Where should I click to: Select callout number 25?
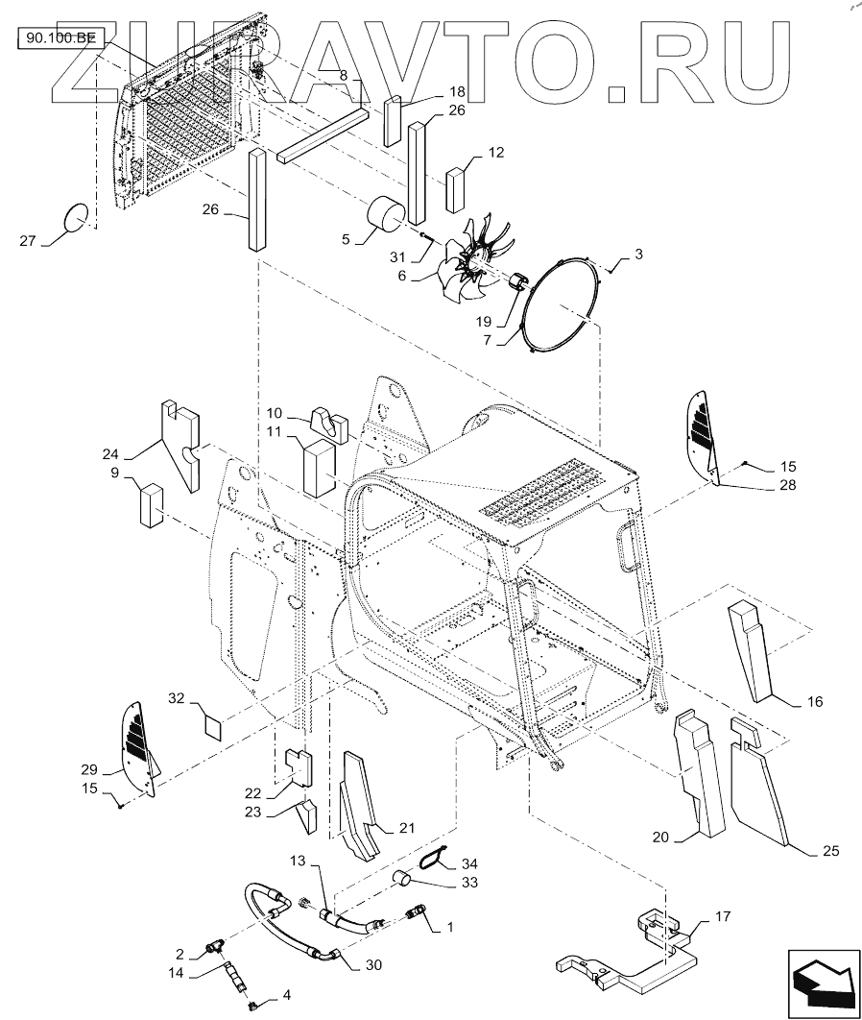coord(830,850)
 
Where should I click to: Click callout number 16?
coord(814,703)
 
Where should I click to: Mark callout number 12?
coord(495,153)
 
